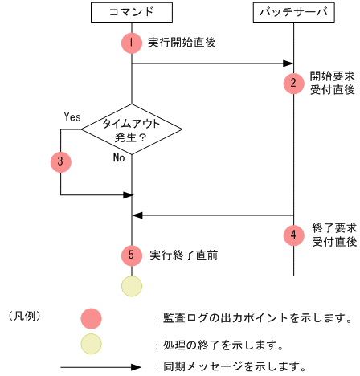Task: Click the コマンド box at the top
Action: click(132, 12)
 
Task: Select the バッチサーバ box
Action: click(293, 12)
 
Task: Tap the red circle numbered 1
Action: click(132, 42)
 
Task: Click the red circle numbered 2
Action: click(293, 82)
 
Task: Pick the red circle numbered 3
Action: click(60, 161)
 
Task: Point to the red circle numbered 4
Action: click(293, 235)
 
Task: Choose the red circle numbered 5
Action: click(132, 255)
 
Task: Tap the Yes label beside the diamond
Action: click(72, 116)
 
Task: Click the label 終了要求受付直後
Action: click(331, 235)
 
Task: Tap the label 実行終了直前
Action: click(183, 255)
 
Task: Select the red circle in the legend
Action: click(91, 317)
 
